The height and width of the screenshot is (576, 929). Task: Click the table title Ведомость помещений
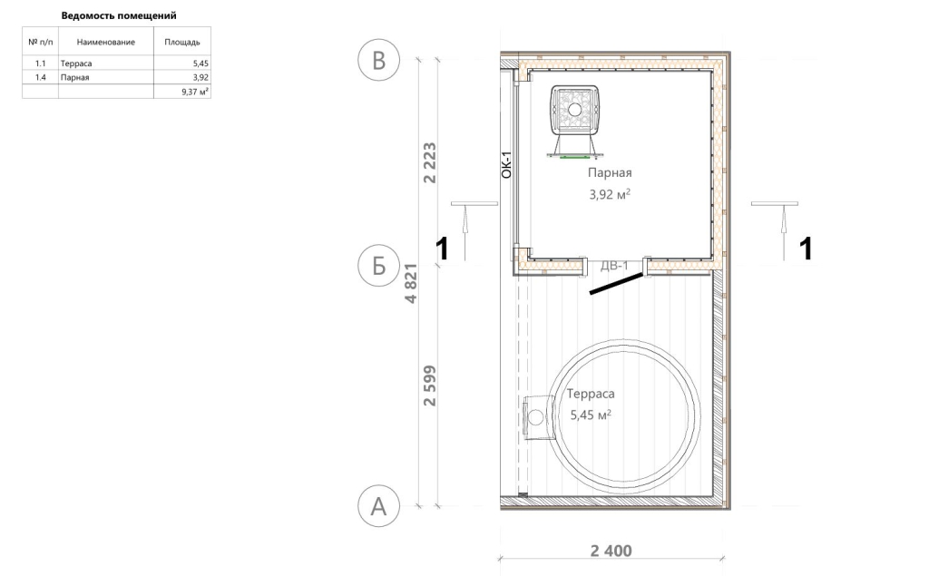(119, 16)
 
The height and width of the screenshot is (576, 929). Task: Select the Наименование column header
(105, 42)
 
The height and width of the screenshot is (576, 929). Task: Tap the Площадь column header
(181, 42)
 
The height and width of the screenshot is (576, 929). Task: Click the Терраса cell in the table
(76, 63)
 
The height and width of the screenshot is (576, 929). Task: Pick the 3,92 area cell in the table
(200, 78)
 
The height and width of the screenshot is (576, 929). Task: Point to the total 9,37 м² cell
(196, 92)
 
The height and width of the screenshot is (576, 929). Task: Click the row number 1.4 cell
(40, 78)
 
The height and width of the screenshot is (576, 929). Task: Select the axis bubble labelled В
(378, 61)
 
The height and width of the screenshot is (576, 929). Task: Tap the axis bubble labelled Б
(378, 266)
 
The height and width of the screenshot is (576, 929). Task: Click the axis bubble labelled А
(378, 507)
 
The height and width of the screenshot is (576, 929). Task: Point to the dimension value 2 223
(429, 163)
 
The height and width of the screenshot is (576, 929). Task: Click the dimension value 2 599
(429, 386)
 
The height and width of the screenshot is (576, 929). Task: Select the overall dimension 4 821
(411, 284)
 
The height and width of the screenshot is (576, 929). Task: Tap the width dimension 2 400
(611, 552)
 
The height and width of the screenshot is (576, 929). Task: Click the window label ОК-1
(506, 165)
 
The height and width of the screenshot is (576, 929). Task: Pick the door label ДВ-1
(614, 266)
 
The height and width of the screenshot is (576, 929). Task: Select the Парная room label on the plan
(610, 173)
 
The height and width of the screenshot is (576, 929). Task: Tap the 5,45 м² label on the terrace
(591, 415)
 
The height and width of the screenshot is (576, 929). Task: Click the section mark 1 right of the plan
(806, 249)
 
